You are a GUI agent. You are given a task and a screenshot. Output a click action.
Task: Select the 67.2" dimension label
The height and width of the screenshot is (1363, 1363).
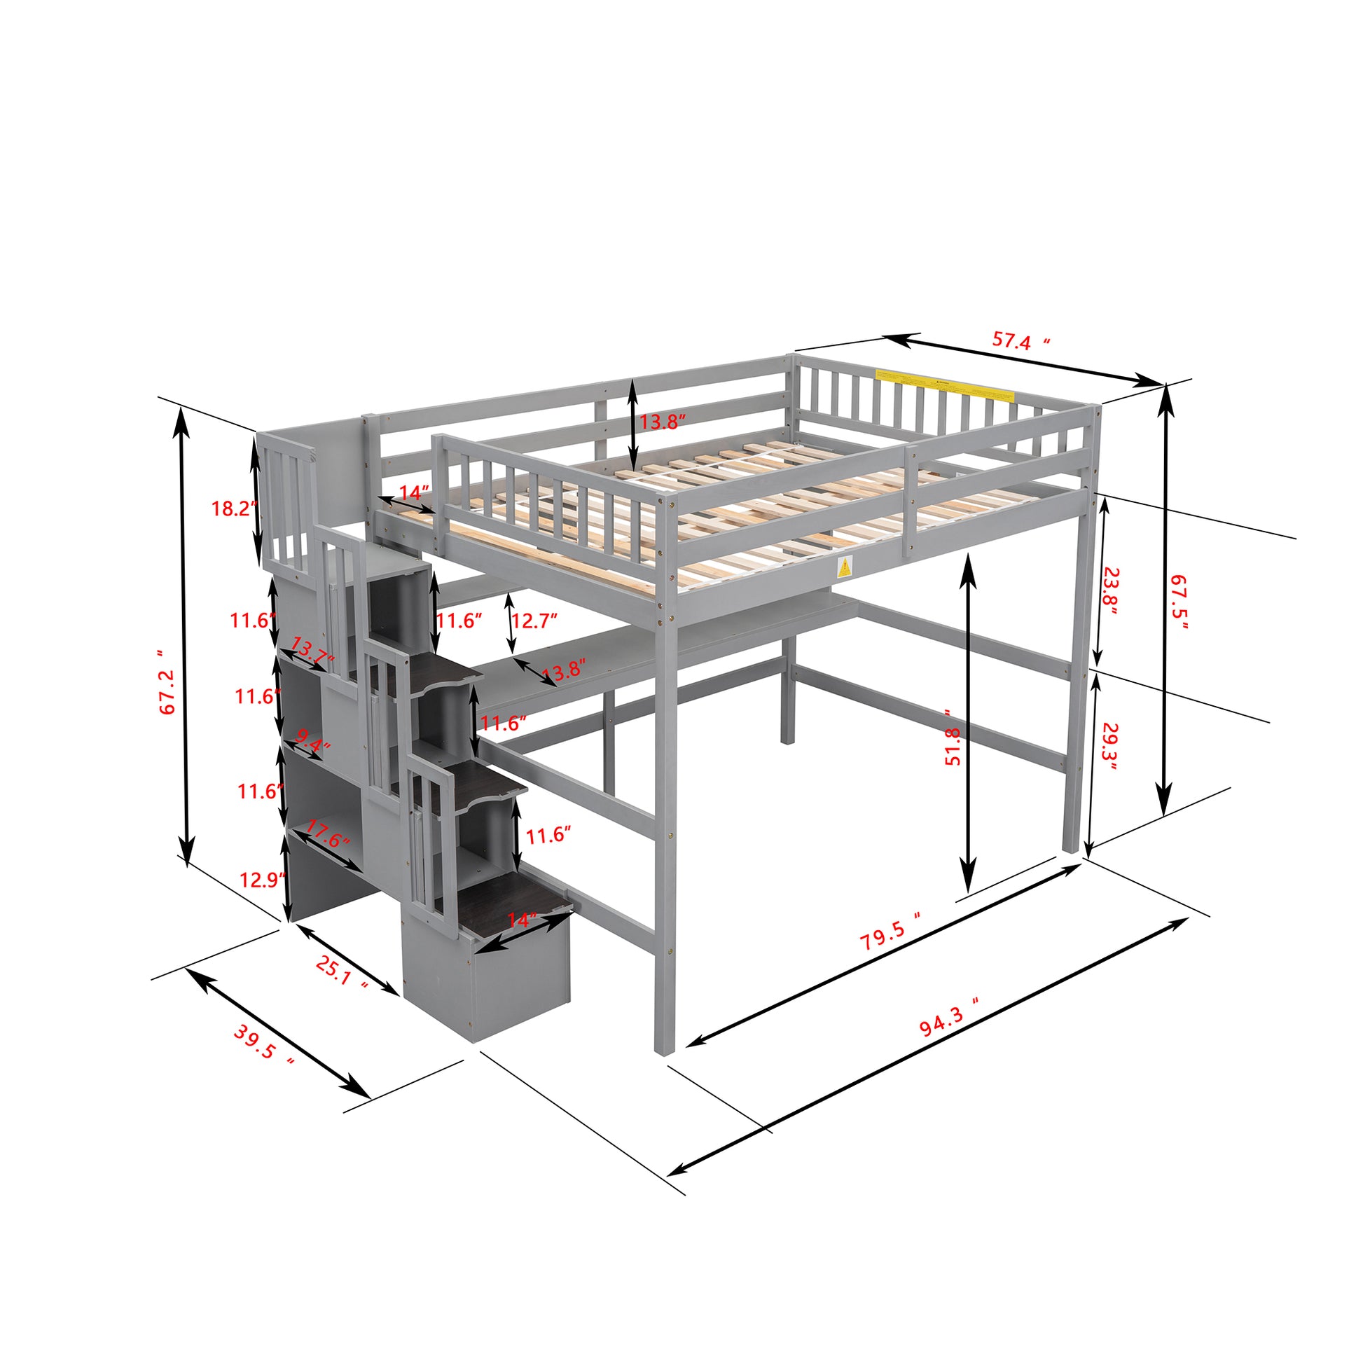click(167, 682)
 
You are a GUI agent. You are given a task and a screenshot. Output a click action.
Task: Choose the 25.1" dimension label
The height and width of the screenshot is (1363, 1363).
click(342, 974)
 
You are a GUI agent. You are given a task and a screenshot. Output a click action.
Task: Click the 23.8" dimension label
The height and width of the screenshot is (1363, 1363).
click(1109, 591)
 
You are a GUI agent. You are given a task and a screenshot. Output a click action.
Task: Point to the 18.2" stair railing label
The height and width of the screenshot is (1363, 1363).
click(231, 508)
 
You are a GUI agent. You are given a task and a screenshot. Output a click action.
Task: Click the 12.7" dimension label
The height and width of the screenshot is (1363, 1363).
click(534, 621)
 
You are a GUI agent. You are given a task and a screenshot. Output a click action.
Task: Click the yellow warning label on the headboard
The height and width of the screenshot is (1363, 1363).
click(944, 385)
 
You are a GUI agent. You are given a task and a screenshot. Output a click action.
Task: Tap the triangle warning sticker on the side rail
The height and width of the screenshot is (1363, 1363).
click(844, 567)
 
